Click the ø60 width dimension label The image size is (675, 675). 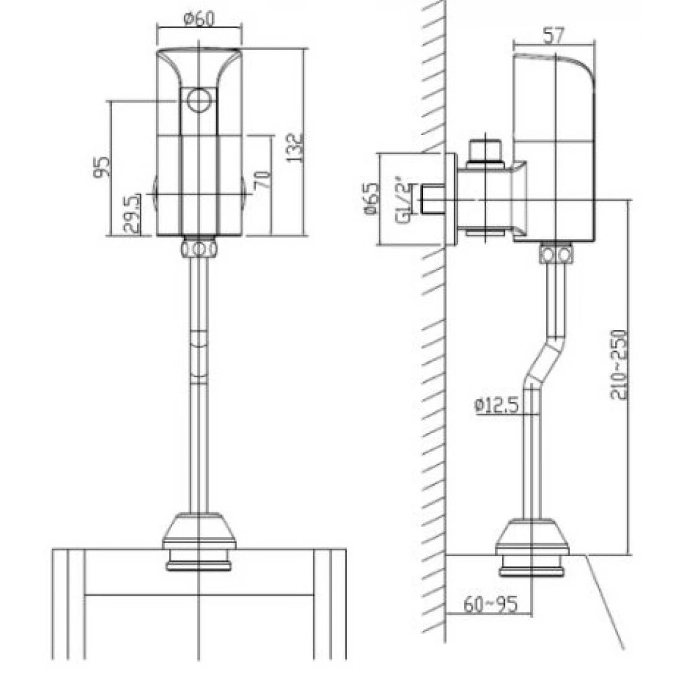pos(199,19)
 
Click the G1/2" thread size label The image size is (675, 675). pos(403,199)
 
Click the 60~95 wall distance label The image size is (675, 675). pos(489,603)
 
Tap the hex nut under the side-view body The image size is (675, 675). pos(555,254)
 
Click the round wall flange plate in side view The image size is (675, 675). pos(451,199)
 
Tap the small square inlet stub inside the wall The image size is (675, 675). pos(431,199)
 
